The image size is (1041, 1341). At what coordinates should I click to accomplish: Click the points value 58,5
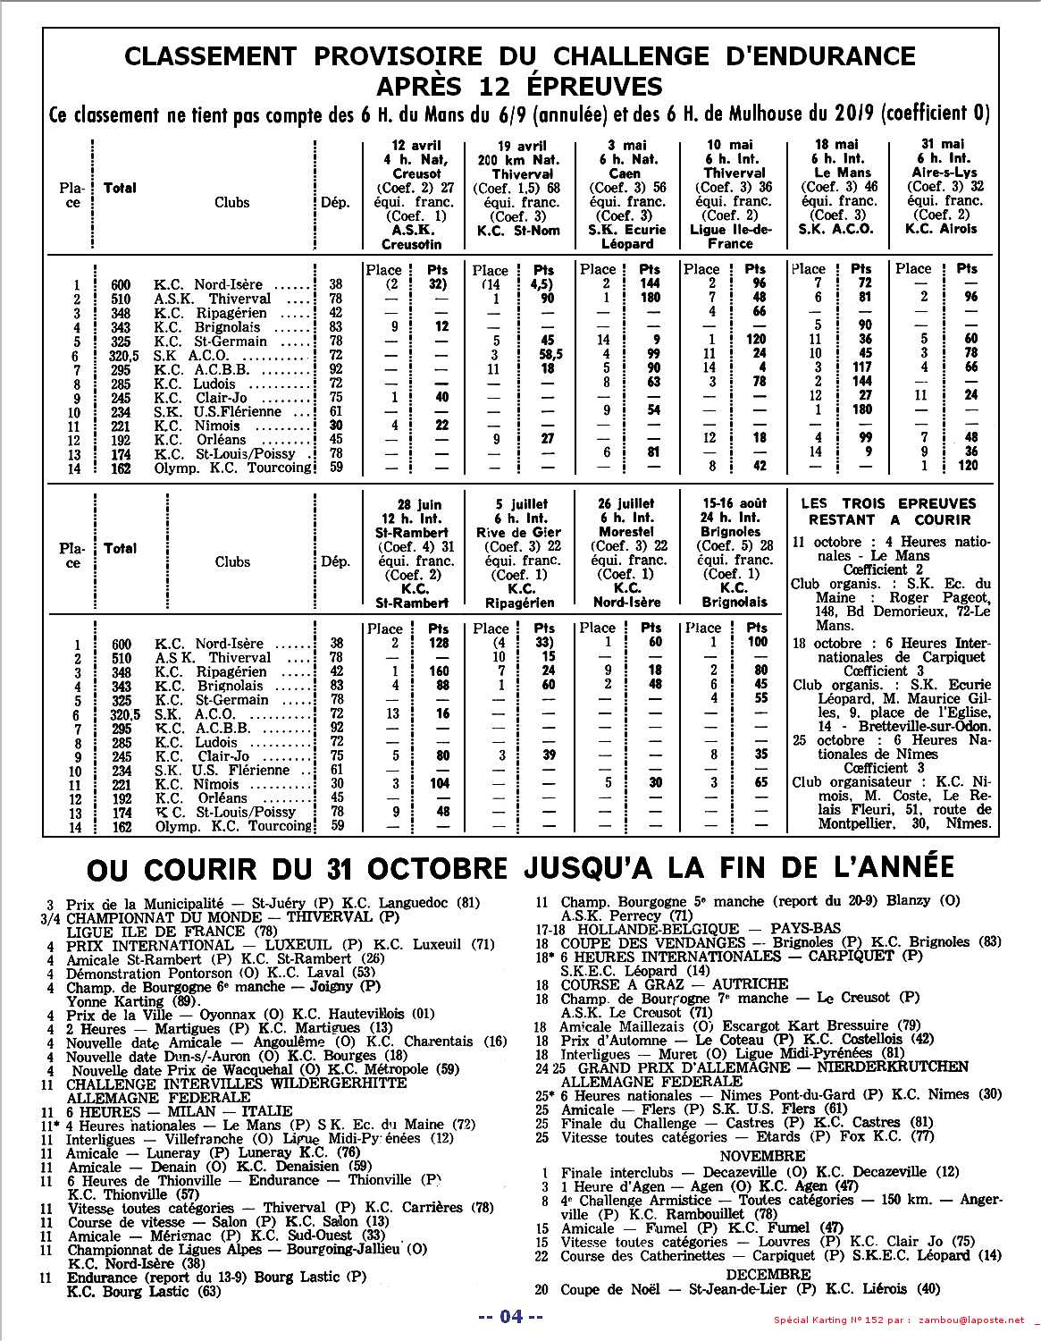click(x=543, y=355)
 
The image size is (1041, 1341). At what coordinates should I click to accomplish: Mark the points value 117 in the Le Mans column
click(x=861, y=368)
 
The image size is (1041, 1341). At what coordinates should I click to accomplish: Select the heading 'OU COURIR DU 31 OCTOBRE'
click(x=297, y=868)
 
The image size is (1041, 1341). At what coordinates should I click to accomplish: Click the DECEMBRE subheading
click(x=768, y=1274)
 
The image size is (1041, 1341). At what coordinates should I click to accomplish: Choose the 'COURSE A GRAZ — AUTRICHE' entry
click(x=675, y=983)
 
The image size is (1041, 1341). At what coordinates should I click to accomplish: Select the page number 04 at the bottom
click(x=510, y=1316)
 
